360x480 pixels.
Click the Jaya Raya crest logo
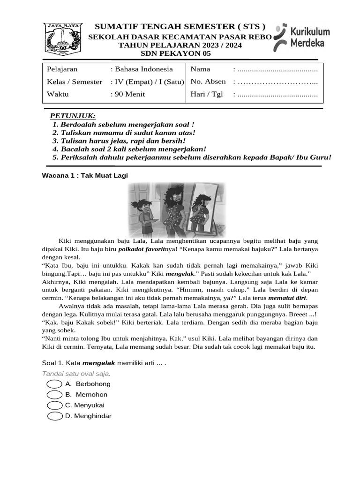click(x=63, y=39)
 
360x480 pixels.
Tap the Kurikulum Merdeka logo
click(x=302, y=37)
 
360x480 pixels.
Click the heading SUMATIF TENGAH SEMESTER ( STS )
click(x=180, y=27)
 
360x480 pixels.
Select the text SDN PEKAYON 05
click(x=180, y=53)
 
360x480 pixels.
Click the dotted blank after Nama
click(x=277, y=69)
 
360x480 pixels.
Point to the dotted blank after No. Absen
click(x=277, y=82)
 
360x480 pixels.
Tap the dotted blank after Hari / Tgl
click(x=277, y=94)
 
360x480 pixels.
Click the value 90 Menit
click(x=129, y=94)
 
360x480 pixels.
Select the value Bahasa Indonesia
click(x=143, y=69)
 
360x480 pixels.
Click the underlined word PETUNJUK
click(x=73, y=116)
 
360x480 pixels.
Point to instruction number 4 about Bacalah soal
click(x=129, y=149)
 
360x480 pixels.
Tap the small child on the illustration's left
click(x=142, y=216)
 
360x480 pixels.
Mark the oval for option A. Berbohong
click(x=55, y=384)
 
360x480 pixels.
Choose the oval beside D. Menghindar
click(x=55, y=416)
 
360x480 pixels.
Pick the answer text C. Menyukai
click(x=85, y=405)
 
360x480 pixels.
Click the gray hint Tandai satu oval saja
click(x=76, y=374)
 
